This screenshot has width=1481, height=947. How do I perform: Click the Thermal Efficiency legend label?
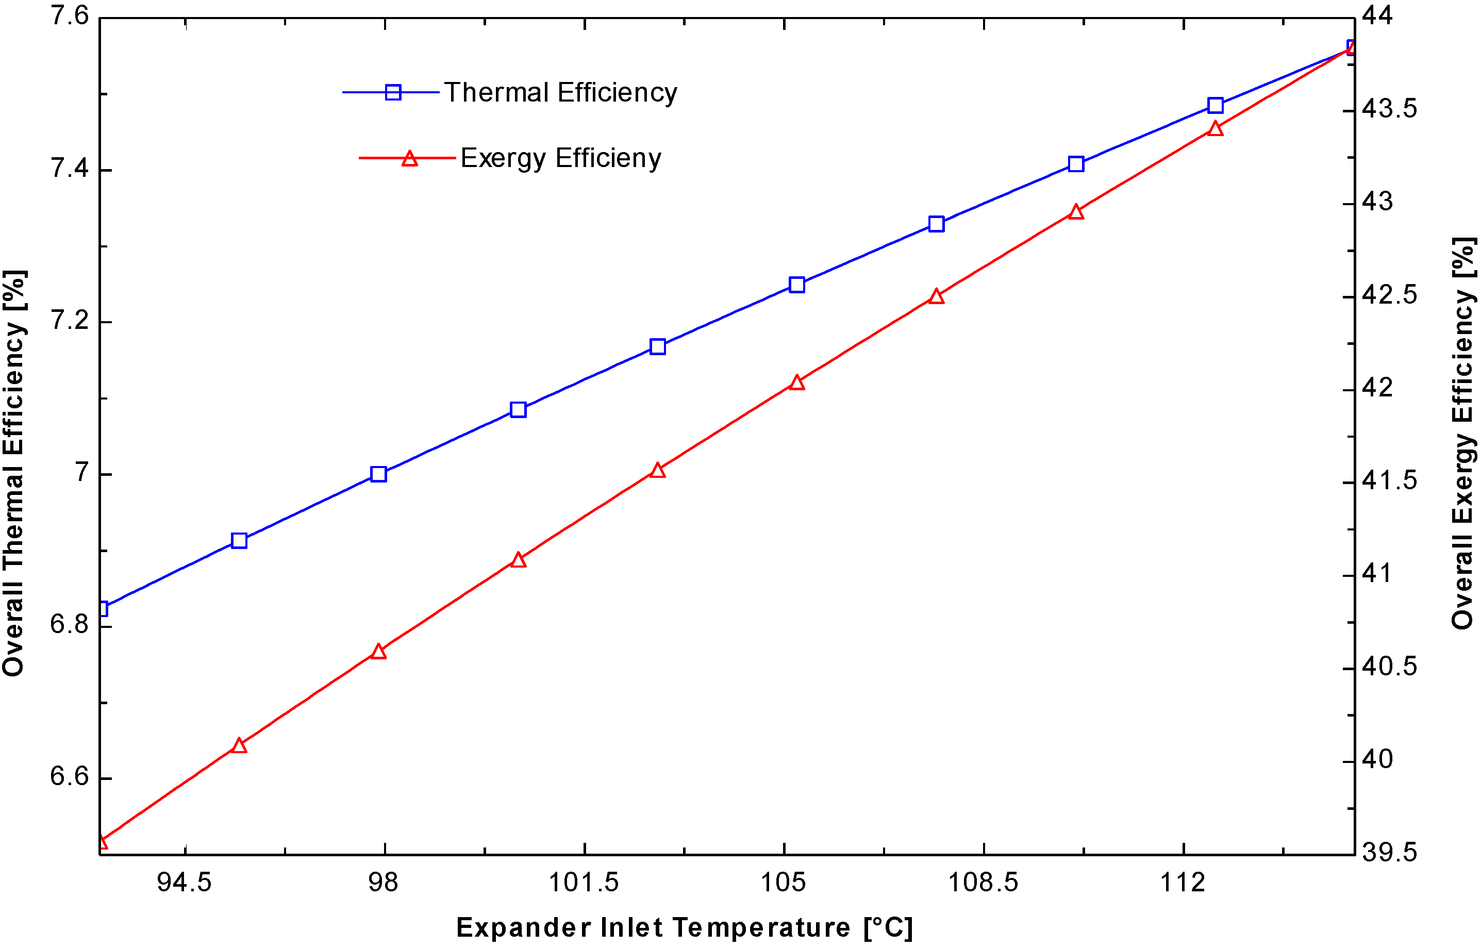coord(560,93)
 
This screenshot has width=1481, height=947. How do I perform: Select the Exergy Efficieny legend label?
coord(560,159)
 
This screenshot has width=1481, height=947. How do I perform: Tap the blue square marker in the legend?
coord(393,92)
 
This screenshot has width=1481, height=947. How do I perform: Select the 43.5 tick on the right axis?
coord(1389,109)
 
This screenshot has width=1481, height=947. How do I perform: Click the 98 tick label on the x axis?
coord(383,883)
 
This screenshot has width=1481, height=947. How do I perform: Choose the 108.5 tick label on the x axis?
coord(983,883)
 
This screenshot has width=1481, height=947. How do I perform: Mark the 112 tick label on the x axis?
coord(1182,883)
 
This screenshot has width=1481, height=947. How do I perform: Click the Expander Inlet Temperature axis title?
coord(684,927)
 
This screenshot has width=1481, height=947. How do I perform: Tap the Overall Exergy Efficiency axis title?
coord(1464,434)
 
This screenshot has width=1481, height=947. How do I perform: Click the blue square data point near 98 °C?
coord(379,474)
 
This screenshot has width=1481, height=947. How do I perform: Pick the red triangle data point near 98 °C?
coord(379,652)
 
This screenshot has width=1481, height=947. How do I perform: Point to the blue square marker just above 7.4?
coord(1076,163)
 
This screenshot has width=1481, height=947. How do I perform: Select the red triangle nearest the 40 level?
coord(239,746)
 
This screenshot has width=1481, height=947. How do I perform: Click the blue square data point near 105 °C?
coord(797,285)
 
